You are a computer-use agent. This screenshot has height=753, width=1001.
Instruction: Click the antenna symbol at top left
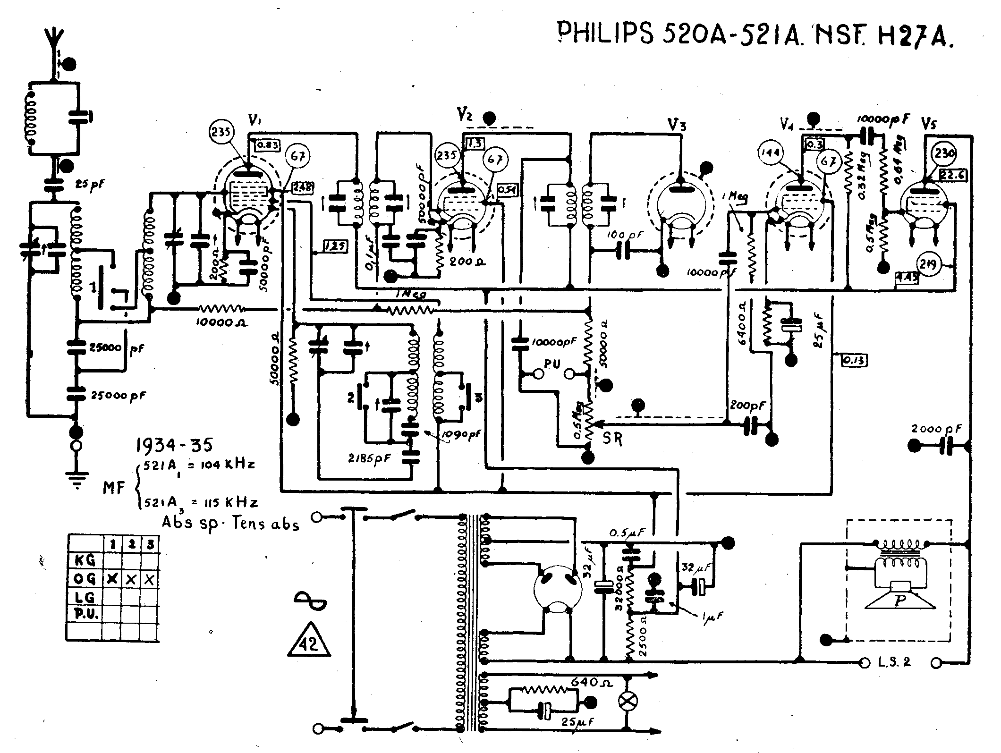[x=55, y=40]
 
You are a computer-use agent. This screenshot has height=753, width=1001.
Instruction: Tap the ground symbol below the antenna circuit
[x=75, y=480]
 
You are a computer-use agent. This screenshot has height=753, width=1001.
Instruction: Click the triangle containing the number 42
[x=309, y=641]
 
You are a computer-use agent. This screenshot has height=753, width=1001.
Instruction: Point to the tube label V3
[x=677, y=125]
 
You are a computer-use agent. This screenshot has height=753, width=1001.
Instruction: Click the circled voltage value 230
[x=944, y=154]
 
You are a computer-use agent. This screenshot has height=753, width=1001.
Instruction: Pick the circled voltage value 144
[x=771, y=152]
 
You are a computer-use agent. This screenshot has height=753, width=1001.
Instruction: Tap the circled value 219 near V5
[x=928, y=264]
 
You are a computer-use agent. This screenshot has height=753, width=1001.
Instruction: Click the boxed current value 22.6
[x=953, y=175]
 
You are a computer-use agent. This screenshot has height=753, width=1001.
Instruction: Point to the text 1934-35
[x=174, y=445]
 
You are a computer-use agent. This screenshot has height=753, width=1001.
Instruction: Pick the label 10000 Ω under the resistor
[x=221, y=323]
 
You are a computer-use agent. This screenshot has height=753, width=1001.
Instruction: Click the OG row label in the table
[x=85, y=578]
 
